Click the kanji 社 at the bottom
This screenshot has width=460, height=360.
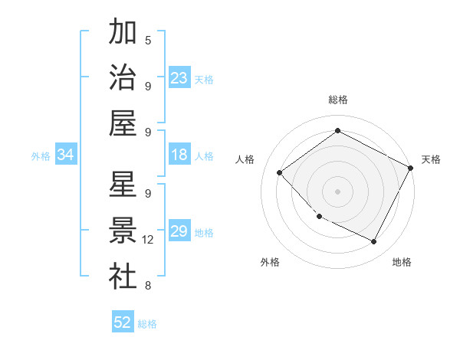tap(123, 277)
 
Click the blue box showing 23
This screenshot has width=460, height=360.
tap(179, 77)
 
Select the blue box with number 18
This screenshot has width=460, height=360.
tap(179, 155)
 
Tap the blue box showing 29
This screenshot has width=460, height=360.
tap(179, 231)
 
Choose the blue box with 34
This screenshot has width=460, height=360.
tap(65, 155)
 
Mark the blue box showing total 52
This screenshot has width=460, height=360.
tap(123, 322)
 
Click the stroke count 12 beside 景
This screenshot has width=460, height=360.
tap(149, 240)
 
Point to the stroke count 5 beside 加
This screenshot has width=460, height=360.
tap(148, 40)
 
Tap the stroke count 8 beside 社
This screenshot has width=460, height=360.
tap(148, 286)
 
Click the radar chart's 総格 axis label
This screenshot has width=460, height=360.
tap(337, 100)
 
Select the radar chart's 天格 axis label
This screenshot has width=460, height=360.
tap(431, 159)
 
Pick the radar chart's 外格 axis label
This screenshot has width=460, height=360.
tap(270, 262)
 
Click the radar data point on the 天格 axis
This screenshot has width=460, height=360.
tap(411, 168)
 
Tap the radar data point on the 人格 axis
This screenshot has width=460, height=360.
tap(280, 172)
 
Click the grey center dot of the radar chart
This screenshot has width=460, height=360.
tap(337, 191)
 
